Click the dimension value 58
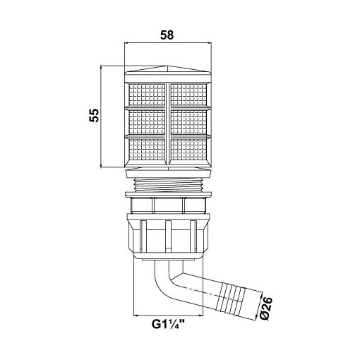pos(167,35)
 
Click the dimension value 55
pos(94,115)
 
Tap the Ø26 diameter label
pos(266,308)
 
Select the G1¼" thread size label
pos(168,324)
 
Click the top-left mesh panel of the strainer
pos(147,95)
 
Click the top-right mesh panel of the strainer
pos(188,95)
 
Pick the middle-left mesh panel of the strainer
pos(147,122)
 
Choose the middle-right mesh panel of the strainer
pos(188,122)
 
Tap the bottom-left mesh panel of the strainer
pos(147,149)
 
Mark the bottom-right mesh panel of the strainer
pos(188,149)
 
